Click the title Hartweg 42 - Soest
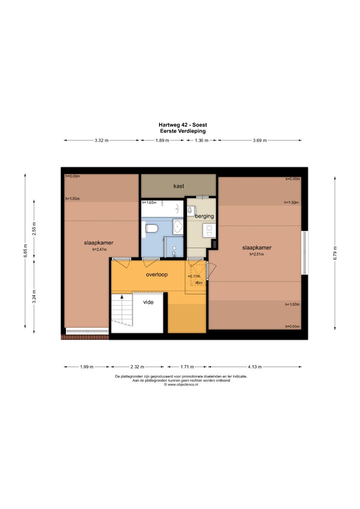click(x=183, y=125)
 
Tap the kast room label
click(x=179, y=186)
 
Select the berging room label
click(x=204, y=216)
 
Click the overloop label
click(x=157, y=274)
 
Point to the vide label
click(x=148, y=302)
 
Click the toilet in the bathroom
click(x=151, y=228)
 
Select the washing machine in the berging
click(x=209, y=230)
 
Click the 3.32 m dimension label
click(x=101, y=140)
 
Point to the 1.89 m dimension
click(x=162, y=140)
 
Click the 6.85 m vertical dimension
click(x=25, y=251)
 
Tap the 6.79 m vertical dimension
click(x=335, y=253)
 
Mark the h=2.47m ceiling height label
click(x=99, y=250)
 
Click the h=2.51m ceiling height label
click(x=257, y=254)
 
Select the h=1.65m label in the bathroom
click(x=149, y=202)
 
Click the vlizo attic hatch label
click(x=199, y=283)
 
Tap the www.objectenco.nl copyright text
click(x=181, y=385)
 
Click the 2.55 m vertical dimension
click(x=34, y=229)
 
